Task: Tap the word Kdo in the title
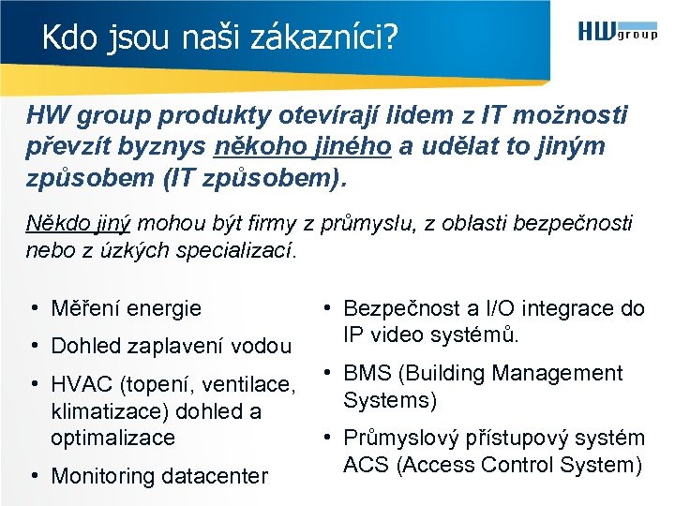pos(63,38)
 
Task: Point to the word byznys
pos(162,147)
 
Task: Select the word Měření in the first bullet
pos(85,308)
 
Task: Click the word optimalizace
pos(112,438)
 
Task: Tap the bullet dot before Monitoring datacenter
pos(33,476)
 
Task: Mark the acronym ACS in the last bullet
pos(367,465)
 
